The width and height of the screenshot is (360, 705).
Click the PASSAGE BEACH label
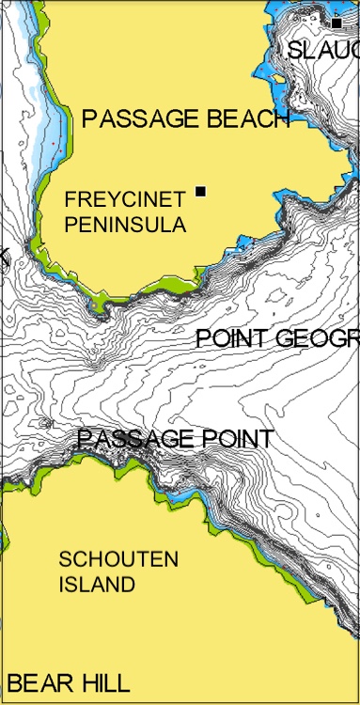pos(185,118)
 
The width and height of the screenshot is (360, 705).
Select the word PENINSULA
pos(125,225)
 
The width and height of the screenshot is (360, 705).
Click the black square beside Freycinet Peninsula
pos(200,192)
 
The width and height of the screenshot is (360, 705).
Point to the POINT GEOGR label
pos(277,339)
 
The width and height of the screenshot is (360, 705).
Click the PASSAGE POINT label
pos(176,439)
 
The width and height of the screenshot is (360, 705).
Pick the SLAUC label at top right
pos(323,51)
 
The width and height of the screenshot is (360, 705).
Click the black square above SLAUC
pos(337,22)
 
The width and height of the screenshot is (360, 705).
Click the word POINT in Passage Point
pos(239,439)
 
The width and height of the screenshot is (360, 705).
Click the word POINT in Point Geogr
pos(229,339)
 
